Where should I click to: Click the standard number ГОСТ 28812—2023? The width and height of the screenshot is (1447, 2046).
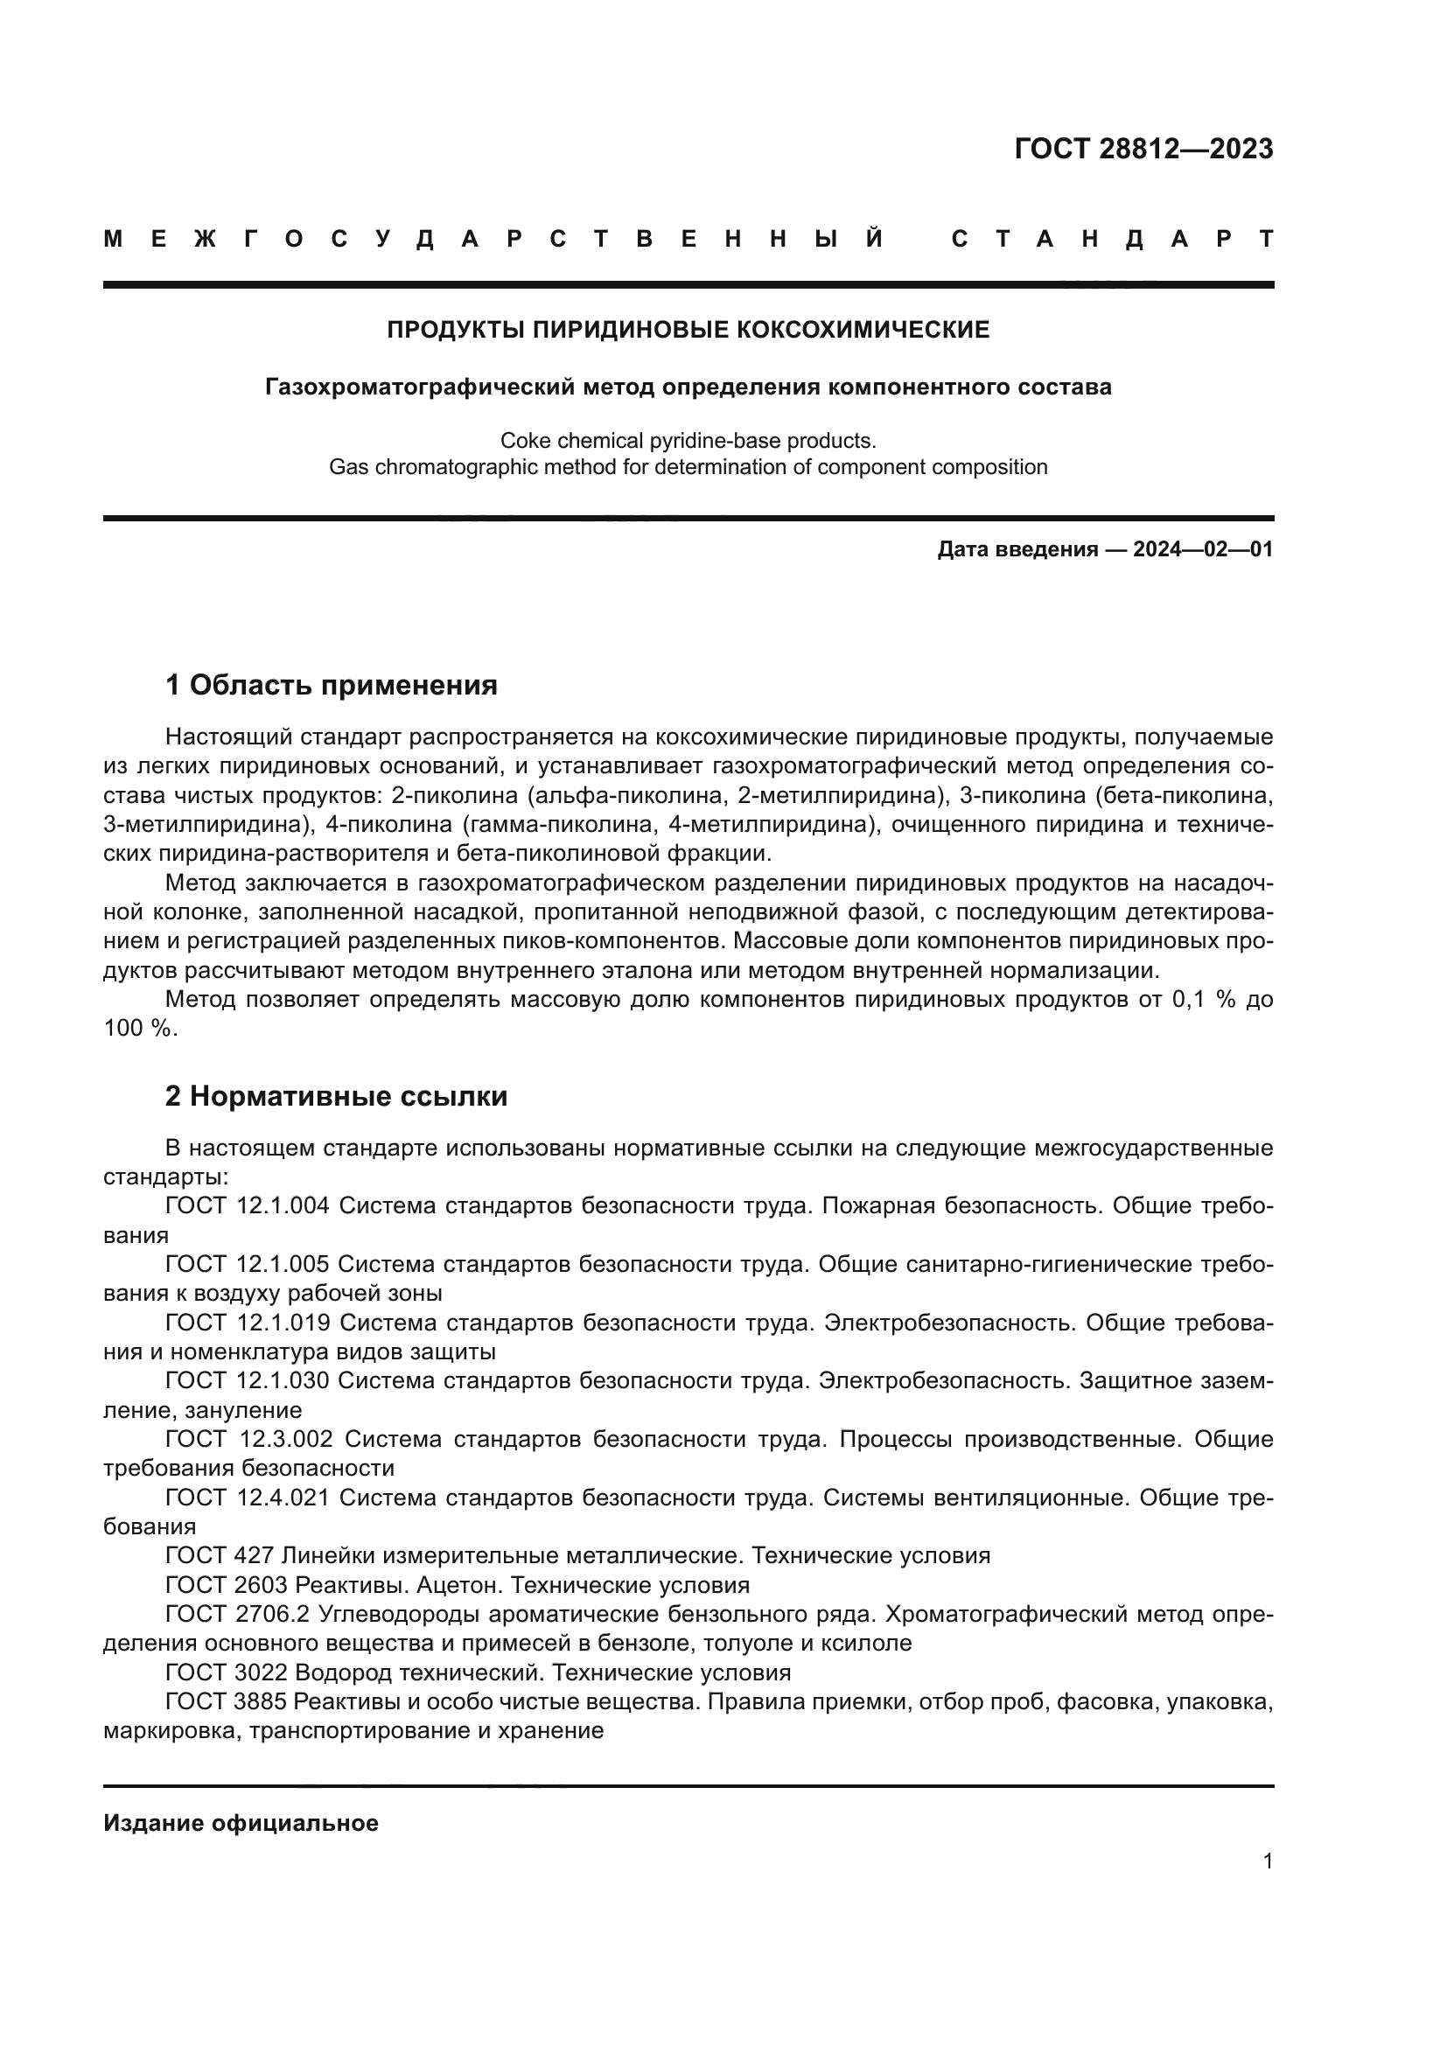point(1143,149)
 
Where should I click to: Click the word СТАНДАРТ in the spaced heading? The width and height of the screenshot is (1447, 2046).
point(1112,240)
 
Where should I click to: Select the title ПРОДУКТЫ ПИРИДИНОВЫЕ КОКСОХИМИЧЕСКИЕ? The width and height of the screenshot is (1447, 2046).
point(688,331)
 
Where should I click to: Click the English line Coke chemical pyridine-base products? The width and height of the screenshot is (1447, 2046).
point(688,441)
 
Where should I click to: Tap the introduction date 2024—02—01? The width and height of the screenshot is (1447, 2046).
point(1203,550)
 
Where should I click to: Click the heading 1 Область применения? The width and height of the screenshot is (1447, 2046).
point(331,685)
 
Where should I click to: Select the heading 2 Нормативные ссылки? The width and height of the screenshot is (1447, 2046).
point(336,1096)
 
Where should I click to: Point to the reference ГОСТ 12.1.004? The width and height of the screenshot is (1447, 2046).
point(247,1205)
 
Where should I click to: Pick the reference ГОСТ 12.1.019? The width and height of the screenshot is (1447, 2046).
point(247,1323)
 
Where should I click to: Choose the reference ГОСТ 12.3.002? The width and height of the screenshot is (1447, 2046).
point(248,1439)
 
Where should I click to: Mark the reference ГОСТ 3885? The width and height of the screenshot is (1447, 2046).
point(226,1702)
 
